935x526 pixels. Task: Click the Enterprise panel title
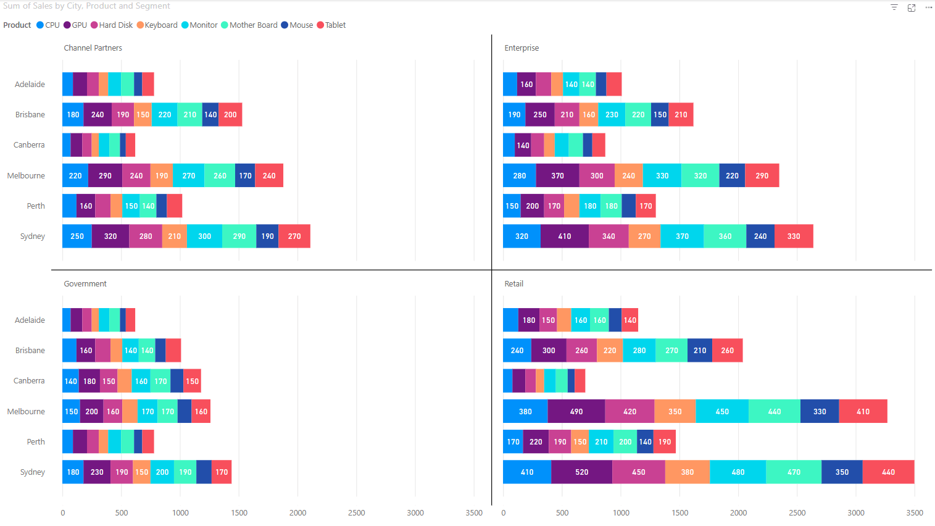(x=522, y=48)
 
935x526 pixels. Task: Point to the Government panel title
(x=85, y=284)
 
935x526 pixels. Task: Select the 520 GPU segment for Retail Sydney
(x=581, y=472)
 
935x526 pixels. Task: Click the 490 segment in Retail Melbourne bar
(x=576, y=412)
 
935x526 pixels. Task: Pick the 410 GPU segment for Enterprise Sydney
(x=564, y=236)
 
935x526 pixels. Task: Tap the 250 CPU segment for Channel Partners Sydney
(x=77, y=236)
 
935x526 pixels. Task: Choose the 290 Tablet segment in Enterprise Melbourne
(x=762, y=176)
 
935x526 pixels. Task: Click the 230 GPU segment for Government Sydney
(x=97, y=472)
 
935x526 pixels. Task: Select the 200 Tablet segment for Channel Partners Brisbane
(x=230, y=115)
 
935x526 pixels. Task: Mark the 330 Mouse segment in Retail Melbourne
(x=819, y=412)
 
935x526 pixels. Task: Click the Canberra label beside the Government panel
(x=29, y=381)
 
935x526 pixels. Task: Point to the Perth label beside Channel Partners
(x=36, y=206)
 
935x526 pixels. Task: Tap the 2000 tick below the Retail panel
(x=738, y=513)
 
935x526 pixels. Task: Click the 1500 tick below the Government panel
(x=239, y=513)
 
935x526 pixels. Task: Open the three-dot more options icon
(x=928, y=8)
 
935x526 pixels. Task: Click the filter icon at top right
(x=894, y=8)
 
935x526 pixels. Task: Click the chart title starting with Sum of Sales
(x=86, y=6)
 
